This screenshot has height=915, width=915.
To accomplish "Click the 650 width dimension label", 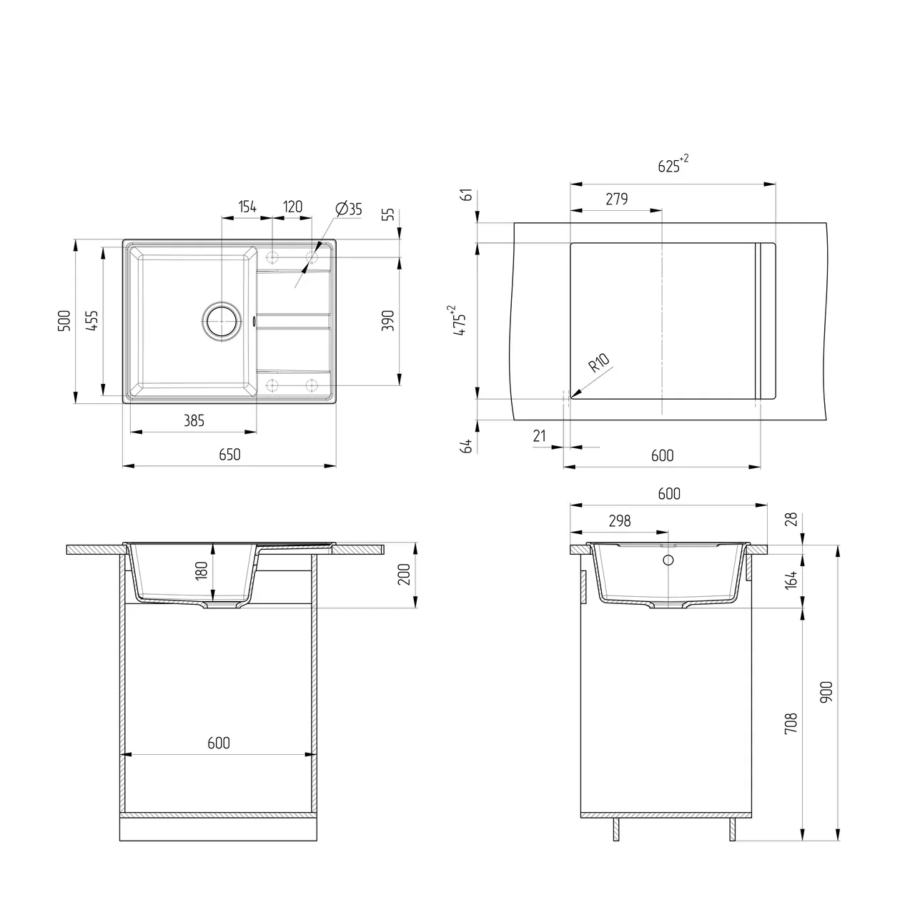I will [x=229, y=455].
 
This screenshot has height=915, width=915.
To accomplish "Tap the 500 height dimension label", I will [x=64, y=320].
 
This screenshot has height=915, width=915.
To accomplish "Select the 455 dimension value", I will [x=92, y=320].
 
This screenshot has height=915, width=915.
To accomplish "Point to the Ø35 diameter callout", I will [x=348, y=209].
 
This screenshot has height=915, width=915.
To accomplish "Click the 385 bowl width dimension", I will [x=194, y=421].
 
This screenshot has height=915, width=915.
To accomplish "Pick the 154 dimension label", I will [x=247, y=207].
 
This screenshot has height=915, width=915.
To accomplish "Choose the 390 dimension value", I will [x=388, y=320].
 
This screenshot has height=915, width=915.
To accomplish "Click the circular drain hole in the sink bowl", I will [x=220, y=321].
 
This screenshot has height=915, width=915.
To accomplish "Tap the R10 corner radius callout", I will [x=598, y=364].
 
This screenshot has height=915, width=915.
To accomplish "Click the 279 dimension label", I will [x=616, y=199].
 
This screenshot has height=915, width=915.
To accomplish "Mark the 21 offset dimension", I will [x=540, y=436].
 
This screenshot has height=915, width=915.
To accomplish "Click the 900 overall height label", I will [x=828, y=691].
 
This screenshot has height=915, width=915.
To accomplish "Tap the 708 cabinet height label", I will [x=791, y=723].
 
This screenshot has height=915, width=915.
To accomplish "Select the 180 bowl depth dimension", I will [x=202, y=570].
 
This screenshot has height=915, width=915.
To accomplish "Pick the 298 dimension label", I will [x=619, y=521].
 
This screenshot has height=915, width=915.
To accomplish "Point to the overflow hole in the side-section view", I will [x=669, y=560].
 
